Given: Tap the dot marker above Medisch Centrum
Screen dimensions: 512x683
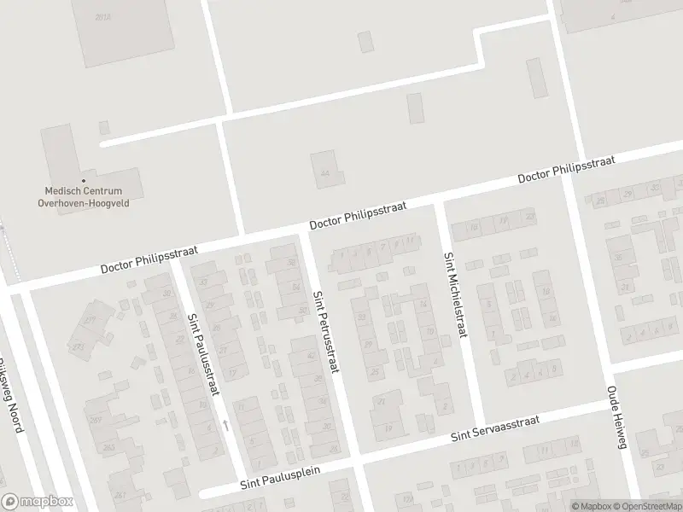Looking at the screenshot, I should (x=83, y=180).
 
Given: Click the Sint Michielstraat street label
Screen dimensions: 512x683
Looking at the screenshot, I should (x=455, y=294).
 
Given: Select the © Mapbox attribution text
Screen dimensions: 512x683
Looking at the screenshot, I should (x=591, y=505).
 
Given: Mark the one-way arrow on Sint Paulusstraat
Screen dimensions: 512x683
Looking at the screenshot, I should (x=225, y=423).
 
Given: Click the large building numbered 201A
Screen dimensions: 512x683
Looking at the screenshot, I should (x=102, y=17).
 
